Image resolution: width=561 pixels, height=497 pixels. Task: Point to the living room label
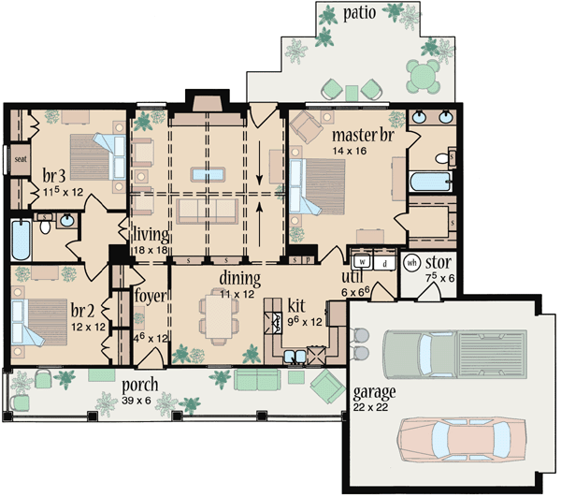tap(150, 234)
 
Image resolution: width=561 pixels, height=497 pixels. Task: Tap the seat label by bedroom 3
tap(20, 159)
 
